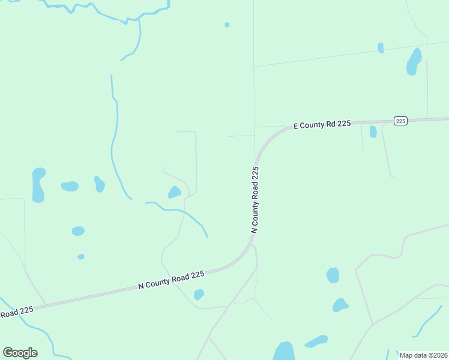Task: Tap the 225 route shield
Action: (401, 121)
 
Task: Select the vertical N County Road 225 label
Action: (256, 200)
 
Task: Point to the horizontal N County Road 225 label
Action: (172, 280)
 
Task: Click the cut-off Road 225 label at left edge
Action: (16, 312)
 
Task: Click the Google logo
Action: (20, 352)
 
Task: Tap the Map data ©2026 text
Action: (423, 355)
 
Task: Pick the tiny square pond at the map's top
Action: (227, 25)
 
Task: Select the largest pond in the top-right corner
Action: (414, 61)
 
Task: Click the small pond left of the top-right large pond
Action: (381, 47)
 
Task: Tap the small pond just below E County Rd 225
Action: (373, 131)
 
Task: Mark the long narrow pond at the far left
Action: (38, 184)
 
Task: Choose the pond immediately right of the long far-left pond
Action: (70, 186)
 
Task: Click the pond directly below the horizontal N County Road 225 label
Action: (199, 294)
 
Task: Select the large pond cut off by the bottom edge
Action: (283, 352)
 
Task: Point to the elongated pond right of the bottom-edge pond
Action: (316, 341)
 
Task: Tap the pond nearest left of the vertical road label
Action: (175, 192)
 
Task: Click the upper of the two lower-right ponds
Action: (333, 275)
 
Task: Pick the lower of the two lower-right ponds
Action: (340, 305)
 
